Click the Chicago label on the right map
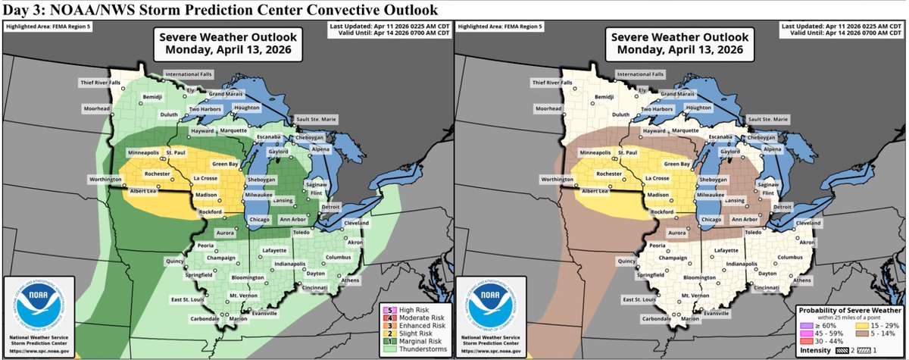[x=711, y=219]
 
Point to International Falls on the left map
[x=188, y=74]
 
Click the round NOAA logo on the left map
[x=33, y=303]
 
